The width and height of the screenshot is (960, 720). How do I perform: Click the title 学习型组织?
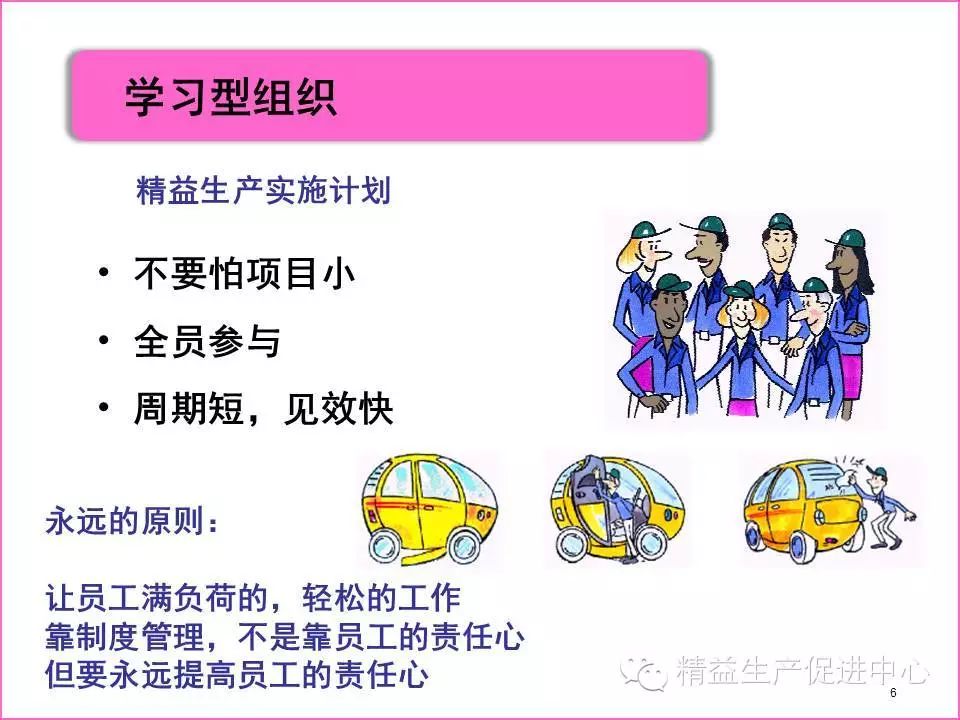[x=231, y=97]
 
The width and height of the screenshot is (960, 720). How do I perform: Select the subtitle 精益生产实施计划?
[x=263, y=190]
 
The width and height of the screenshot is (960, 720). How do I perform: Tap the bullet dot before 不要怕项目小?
[x=103, y=272]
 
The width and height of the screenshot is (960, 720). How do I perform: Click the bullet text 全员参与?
[x=208, y=341]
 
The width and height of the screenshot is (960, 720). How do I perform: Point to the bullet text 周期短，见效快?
[x=263, y=408]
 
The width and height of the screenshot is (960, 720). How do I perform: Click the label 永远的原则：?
[x=132, y=522]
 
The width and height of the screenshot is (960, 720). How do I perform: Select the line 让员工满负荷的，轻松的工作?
[x=253, y=598]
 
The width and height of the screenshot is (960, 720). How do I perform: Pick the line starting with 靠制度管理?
[x=285, y=637]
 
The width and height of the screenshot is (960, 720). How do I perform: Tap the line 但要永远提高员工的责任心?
[x=237, y=675]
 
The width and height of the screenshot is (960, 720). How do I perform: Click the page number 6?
[x=893, y=693]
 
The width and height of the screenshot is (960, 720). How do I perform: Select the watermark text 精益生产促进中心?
[x=803, y=670]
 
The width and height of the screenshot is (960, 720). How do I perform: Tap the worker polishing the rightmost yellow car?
[x=884, y=507]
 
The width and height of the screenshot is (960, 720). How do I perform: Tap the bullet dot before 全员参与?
[x=103, y=339]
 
